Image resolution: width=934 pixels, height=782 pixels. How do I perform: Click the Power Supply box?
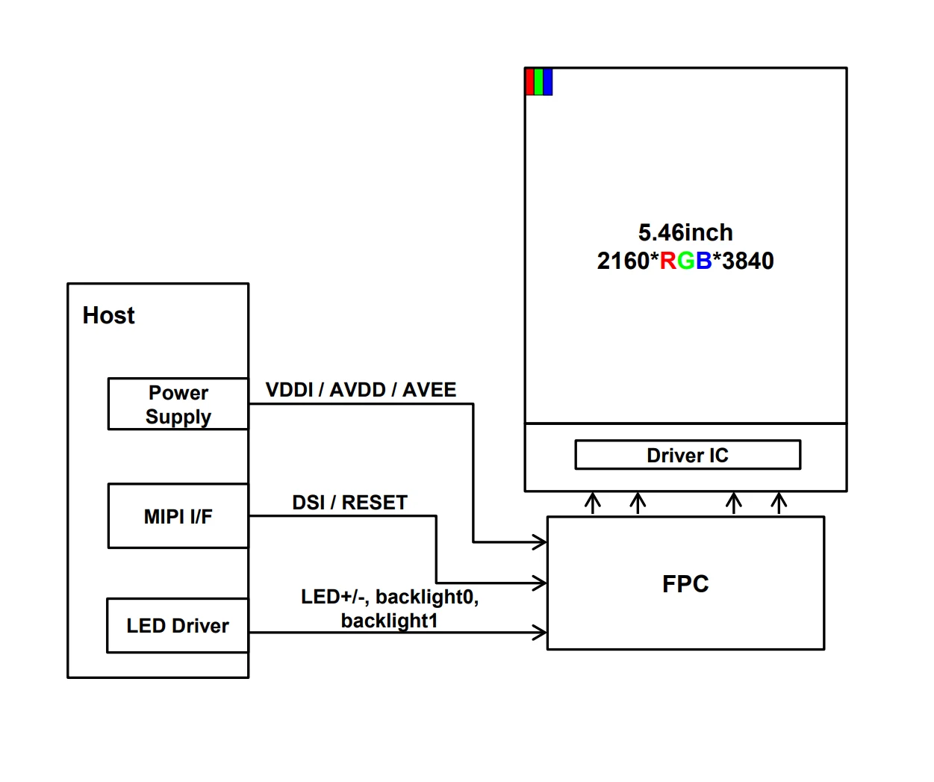[x=178, y=404]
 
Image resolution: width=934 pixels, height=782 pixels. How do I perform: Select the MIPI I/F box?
[x=178, y=516]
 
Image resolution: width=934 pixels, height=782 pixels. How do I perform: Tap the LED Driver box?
[x=178, y=626]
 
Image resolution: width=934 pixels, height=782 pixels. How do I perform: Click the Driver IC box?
[x=687, y=455]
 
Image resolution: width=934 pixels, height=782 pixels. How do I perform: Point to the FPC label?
[x=685, y=583]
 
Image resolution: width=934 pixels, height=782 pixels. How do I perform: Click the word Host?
[x=109, y=315]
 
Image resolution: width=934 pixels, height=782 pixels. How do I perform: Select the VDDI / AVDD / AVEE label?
[x=361, y=390]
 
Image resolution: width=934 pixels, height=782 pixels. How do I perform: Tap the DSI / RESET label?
[x=349, y=503]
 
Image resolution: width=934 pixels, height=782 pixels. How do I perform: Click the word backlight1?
[x=389, y=621]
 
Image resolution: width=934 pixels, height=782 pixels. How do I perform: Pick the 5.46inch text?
[x=685, y=232]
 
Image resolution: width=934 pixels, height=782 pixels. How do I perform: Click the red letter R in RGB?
[x=667, y=261]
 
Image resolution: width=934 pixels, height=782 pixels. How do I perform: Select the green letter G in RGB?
[x=686, y=261]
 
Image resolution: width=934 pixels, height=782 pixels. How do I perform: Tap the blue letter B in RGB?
[x=703, y=261]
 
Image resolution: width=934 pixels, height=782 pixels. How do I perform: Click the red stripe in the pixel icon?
[x=530, y=82]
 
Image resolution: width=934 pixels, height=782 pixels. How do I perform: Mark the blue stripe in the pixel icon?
[x=548, y=82]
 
